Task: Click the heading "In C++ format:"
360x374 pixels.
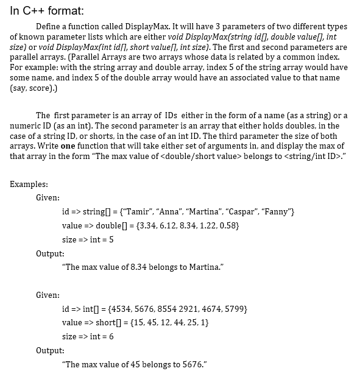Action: coord(46,11)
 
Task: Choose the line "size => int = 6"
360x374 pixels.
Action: coord(88,336)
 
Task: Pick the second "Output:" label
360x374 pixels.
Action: coord(49,350)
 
